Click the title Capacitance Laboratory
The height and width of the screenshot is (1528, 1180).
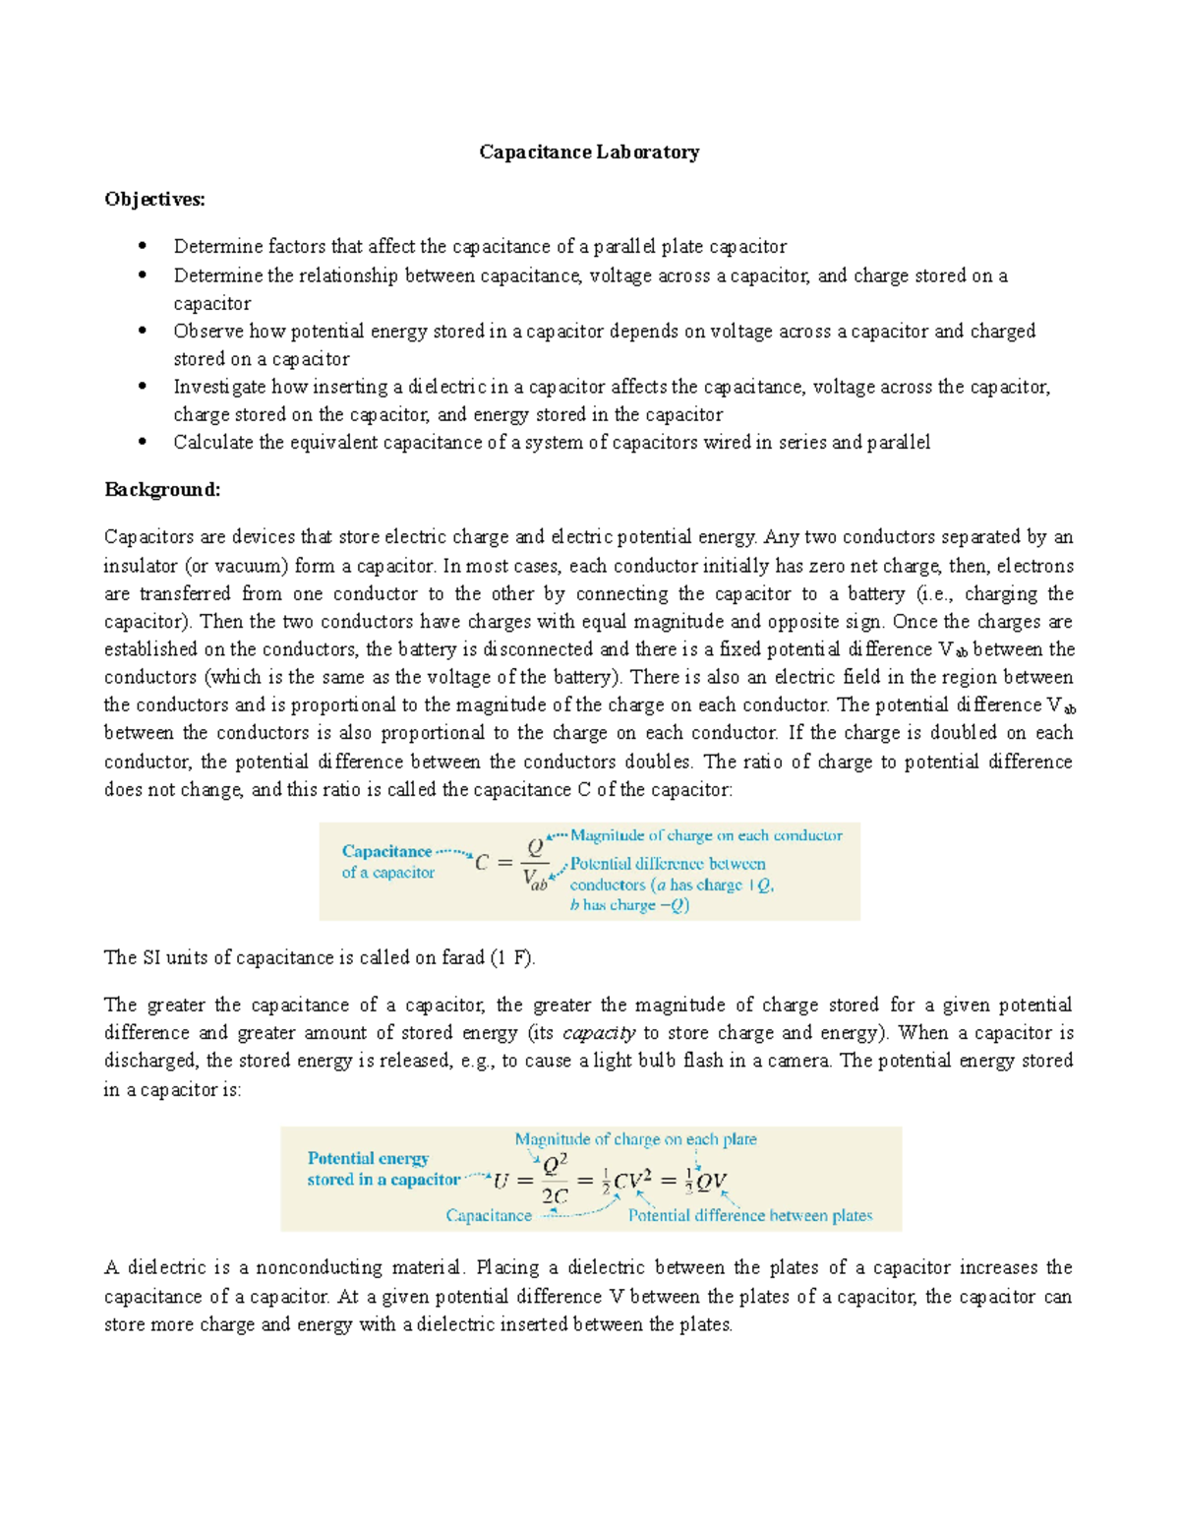coord(589,152)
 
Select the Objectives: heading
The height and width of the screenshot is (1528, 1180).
coord(154,199)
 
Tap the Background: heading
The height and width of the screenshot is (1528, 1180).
coord(162,489)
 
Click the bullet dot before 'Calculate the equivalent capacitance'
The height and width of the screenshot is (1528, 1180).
coord(143,442)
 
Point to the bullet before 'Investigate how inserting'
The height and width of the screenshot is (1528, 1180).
coord(143,387)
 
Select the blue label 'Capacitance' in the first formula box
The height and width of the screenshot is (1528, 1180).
coord(386,851)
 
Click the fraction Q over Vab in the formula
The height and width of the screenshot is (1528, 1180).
coord(535,863)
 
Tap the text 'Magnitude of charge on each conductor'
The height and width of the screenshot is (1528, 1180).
coord(706,835)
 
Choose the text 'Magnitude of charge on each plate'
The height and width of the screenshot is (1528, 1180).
coord(635,1139)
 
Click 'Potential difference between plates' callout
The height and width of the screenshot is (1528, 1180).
coord(749,1215)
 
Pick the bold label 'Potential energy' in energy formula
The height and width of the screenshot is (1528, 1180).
coord(368,1158)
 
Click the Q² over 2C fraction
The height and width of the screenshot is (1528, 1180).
coord(555,1181)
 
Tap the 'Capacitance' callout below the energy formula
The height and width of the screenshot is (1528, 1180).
coord(489,1215)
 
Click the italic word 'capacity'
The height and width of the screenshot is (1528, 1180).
coord(598,1032)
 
